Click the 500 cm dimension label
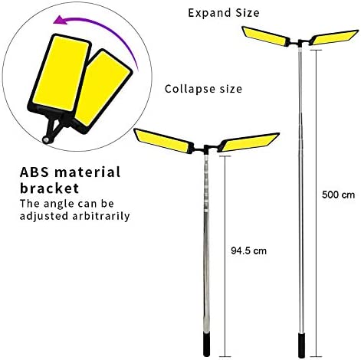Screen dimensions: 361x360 pyautogui.click(x=338, y=195)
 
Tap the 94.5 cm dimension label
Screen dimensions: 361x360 pyautogui.click(x=248, y=250)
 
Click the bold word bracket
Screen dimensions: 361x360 pyautogui.click(x=49, y=188)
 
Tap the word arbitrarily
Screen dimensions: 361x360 pyautogui.click(x=101, y=216)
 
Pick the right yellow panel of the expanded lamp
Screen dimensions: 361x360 pyautogui.click(x=335, y=38)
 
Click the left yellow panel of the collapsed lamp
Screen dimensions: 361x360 pyautogui.click(x=163, y=141)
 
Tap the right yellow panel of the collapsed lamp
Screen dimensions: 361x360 pyautogui.click(x=250, y=142)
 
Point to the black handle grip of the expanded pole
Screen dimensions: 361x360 pyautogui.click(x=302, y=345)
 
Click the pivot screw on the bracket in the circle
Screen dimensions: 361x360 pyautogui.click(x=46, y=139)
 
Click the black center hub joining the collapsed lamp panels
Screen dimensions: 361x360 pyautogui.click(x=206, y=149)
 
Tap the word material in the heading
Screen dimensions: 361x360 pyautogui.click(x=87, y=172)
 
